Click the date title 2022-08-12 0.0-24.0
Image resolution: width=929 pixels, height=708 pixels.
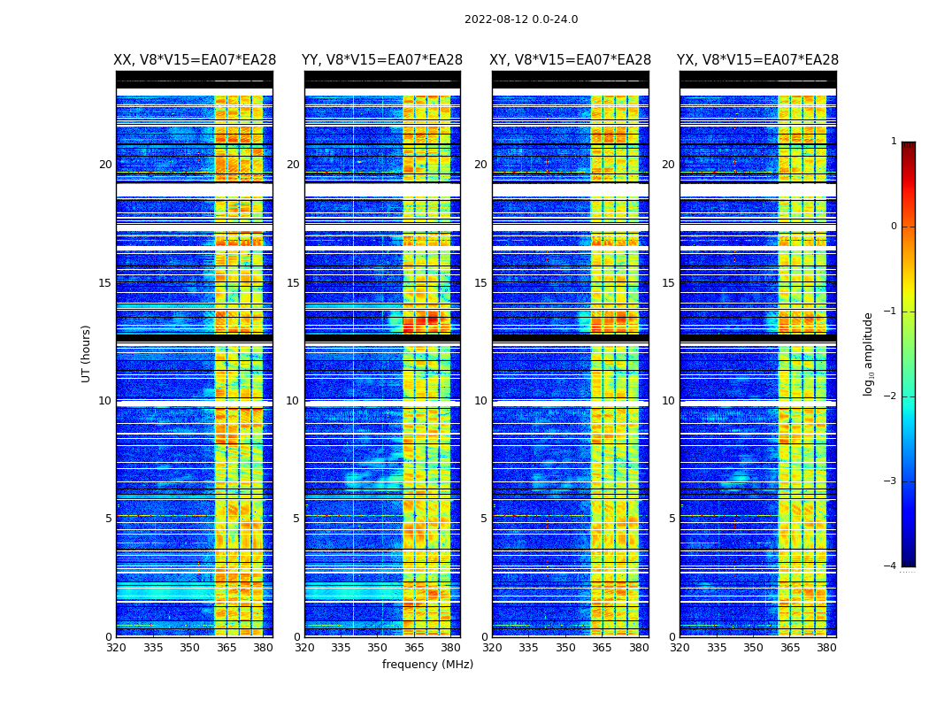[521, 19]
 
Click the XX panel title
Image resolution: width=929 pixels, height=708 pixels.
[195, 60]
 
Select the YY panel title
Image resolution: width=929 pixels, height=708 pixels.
[382, 60]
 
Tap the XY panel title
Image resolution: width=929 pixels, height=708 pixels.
[571, 60]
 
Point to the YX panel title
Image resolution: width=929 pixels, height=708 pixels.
[758, 60]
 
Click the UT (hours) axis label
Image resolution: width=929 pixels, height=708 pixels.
[87, 353]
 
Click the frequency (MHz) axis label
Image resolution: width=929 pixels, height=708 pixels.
[427, 665]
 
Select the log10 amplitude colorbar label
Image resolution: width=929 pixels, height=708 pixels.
[869, 353]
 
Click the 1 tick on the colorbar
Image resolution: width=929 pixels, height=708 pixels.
[894, 142]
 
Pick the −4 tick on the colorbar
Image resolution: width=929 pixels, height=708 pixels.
[891, 566]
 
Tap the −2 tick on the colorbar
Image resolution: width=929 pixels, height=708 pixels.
[891, 396]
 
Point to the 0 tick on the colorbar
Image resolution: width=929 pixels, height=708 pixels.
[894, 227]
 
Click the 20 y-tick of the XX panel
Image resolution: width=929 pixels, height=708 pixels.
[105, 165]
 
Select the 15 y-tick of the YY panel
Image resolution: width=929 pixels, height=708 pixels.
[293, 283]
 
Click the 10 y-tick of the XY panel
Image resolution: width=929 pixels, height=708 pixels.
[480, 401]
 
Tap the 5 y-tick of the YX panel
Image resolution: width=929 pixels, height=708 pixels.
[672, 519]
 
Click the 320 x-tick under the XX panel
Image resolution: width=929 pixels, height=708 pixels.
[116, 647]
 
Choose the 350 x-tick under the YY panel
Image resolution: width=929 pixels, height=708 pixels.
[378, 647]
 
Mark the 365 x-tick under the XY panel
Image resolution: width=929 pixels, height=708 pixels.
[602, 647]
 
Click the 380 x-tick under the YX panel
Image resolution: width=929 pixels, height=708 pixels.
[826, 647]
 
